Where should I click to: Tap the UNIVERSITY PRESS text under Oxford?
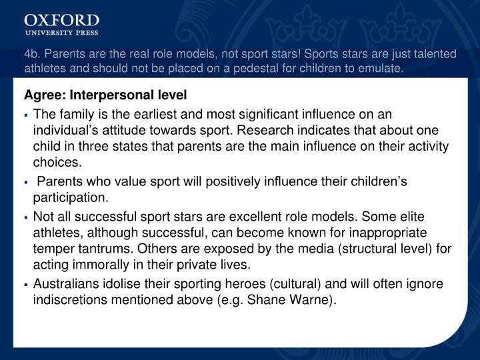(61, 32)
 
